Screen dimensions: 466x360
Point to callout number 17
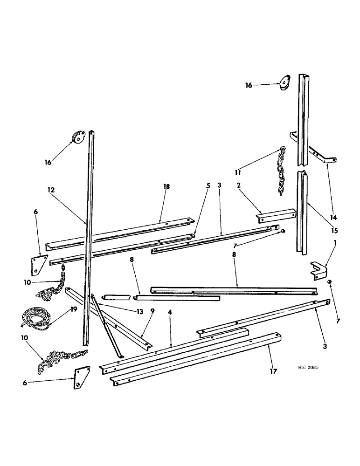coord(273,371)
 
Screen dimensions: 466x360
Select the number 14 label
coord(332,217)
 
